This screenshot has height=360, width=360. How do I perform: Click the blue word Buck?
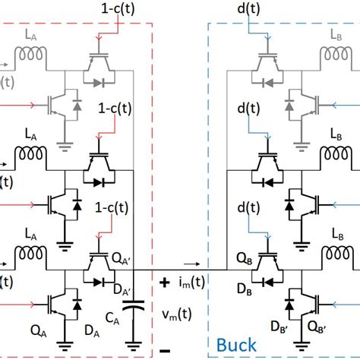coord(236,345)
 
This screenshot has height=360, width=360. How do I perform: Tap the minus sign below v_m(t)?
coord(164,352)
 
